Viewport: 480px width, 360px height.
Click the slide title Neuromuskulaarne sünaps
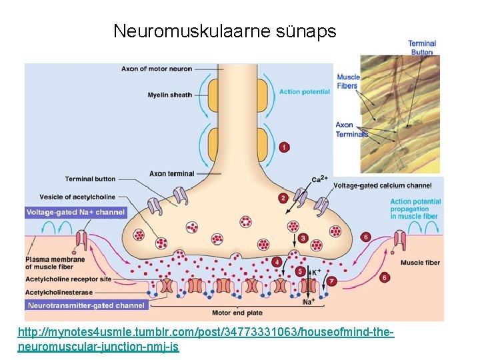pos(225,31)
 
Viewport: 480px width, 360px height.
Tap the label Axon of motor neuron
pos(157,69)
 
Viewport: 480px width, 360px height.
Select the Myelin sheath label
pos(169,95)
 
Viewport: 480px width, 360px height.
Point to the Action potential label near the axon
pos(304,91)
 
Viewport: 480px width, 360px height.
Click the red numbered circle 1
pos(285,147)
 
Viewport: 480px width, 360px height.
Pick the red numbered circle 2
pos(283,198)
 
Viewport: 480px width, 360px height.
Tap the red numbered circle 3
pos(303,238)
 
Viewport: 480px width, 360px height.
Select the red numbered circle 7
pos(332,281)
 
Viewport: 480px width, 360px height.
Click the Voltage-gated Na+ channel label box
pos(75,212)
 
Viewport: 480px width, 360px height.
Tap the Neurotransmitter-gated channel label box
pos(85,305)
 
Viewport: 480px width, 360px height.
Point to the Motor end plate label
pos(237,312)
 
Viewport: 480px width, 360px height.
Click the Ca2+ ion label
pos(319,179)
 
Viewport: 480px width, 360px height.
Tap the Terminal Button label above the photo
pos(422,47)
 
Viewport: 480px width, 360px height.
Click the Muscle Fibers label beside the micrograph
pos(347,81)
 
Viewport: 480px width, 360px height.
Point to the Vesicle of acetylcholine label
pos(77,197)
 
